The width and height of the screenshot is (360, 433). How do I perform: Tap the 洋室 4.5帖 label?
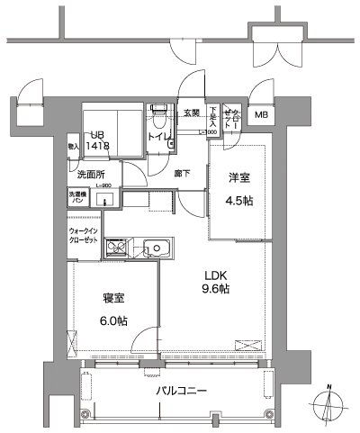pos(238,188)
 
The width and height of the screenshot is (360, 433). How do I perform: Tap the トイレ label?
pos(158,137)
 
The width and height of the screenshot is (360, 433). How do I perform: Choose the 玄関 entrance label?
pos(192,113)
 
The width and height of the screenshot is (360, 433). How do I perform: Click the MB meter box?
pos(260,115)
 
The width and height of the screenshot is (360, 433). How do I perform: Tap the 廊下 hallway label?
pos(181,174)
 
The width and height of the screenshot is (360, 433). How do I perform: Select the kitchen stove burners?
pos(117,247)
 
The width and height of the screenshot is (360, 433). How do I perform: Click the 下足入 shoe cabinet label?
pos(213,116)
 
